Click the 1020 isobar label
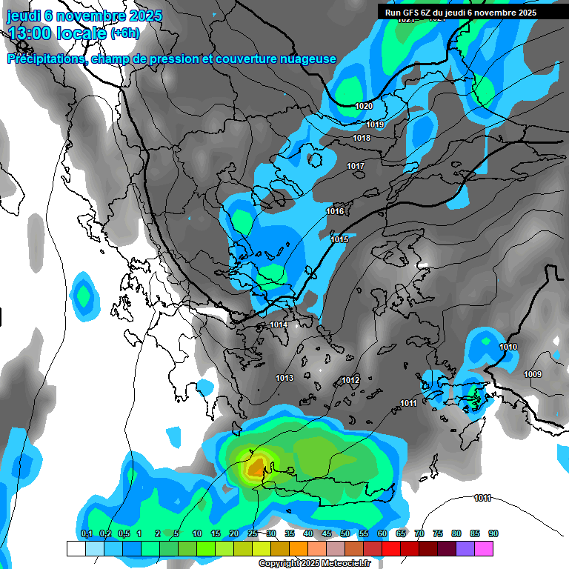tap(364, 106)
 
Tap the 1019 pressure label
tap(376, 124)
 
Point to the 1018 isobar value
tap(362, 138)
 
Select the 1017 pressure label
tap(356, 166)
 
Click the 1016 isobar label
tap(335, 211)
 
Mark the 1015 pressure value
tap(339, 239)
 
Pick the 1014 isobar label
tap(279, 325)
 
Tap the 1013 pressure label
tap(284, 378)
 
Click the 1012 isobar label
tap(350, 380)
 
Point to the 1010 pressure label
tap(508, 347)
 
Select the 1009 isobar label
tap(532, 374)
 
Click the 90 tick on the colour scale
tap(493, 533)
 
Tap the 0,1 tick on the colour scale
tap(87, 533)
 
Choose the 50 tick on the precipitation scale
tap(345, 533)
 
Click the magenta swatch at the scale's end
tap(484, 548)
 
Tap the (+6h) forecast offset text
tap(124, 33)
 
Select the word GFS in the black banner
tap(410, 13)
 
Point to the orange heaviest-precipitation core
tap(256, 467)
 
